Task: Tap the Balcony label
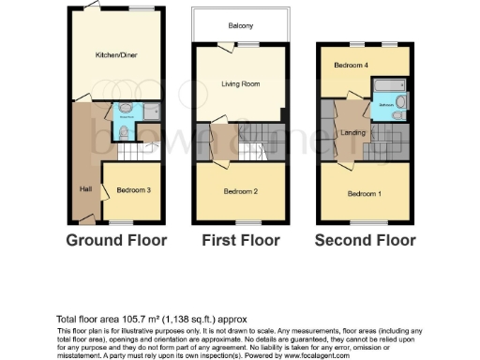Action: [239, 26]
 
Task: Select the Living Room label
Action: [239, 84]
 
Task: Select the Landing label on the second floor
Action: [352, 132]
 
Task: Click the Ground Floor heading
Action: [116, 240]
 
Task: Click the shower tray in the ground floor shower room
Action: [152, 112]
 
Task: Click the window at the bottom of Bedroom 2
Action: [242, 221]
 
